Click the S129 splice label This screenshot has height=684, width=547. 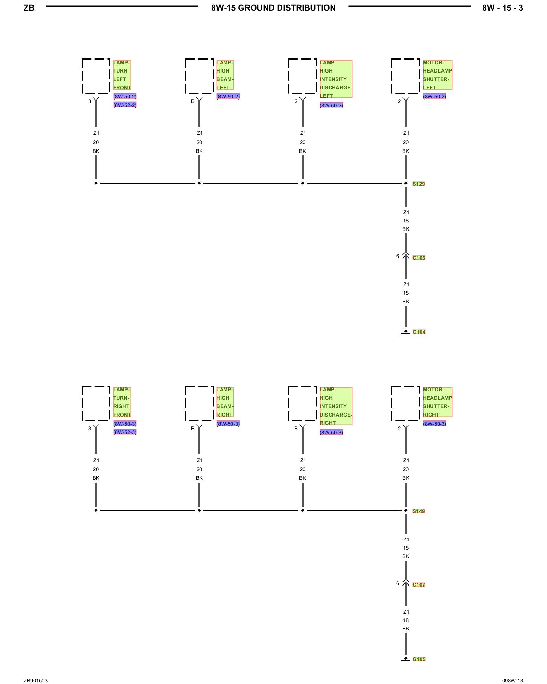(x=418, y=184)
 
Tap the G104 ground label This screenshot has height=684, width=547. (x=419, y=332)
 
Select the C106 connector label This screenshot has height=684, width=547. (x=418, y=258)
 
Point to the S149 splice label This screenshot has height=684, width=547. (x=418, y=511)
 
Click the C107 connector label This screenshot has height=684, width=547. (x=418, y=585)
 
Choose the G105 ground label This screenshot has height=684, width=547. (x=419, y=659)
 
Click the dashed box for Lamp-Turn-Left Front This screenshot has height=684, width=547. (x=96, y=76)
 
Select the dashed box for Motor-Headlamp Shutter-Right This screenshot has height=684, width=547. (x=406, y=404)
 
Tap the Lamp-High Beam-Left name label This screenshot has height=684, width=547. (x=225, y=75)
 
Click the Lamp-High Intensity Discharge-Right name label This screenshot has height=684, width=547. (x=336, y=406)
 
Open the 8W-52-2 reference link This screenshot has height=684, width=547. (x=125, y=105)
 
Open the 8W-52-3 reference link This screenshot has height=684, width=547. (x=125, y=432)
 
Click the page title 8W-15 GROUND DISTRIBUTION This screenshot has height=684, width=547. (x=273, y=8)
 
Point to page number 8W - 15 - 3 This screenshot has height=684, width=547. (x=502, y=8)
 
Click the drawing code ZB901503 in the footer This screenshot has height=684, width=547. (x=36, y=681)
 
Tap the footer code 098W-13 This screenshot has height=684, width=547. (x=512, y=681)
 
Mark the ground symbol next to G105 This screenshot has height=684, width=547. (x=406, y=659)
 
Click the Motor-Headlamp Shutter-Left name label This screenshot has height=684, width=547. (x=437, y=75)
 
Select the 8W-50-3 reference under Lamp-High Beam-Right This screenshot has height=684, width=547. (x=228, y=424)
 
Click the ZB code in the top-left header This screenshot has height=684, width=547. (x=29, y=8)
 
